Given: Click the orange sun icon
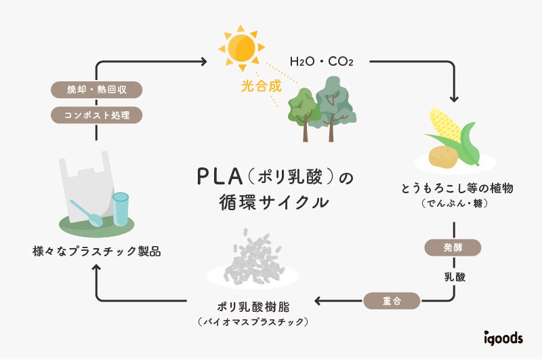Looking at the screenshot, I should coord(238,47).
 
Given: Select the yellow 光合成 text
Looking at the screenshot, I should coord(260,87).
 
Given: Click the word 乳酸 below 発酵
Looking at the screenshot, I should coord(453,277).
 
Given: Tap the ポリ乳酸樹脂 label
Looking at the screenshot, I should coord(253,305).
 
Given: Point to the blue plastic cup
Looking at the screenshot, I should coord(121,208).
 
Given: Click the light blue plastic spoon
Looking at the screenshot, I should coord(88,212).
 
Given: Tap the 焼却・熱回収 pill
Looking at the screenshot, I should coord(97,89).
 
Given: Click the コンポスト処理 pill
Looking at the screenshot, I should coord(97,115).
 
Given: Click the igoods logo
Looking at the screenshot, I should coord(503,337).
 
